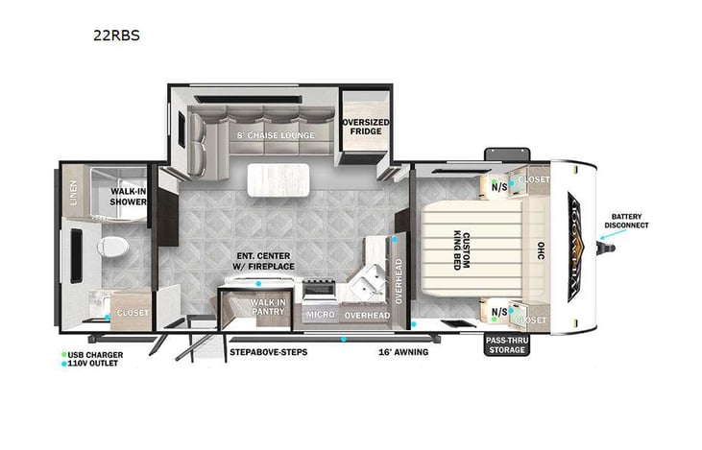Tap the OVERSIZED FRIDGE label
[367, 127]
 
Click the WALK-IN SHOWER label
[128, 197]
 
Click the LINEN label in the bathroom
[73, 195]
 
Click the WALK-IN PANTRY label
[266, 307]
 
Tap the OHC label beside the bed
[538, 248]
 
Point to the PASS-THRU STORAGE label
[506, 345]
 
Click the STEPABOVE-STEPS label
[268, 352]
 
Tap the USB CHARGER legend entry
[94, 355]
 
